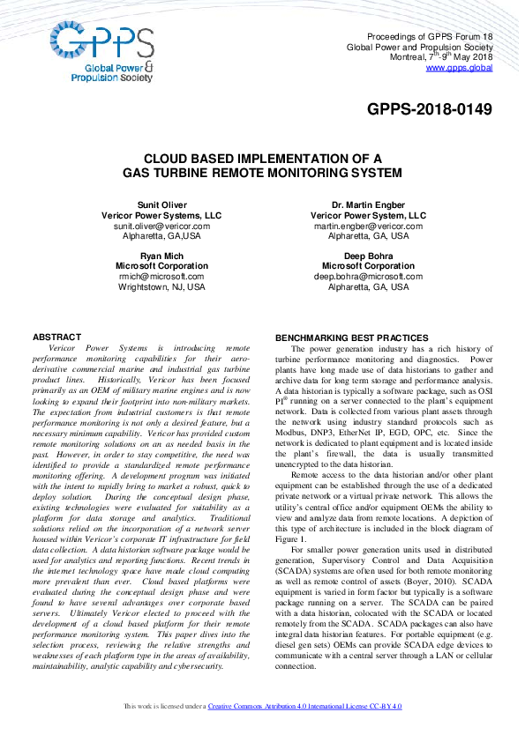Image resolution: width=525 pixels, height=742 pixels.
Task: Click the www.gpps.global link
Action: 459,67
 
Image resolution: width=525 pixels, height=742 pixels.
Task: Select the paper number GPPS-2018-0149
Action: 430,109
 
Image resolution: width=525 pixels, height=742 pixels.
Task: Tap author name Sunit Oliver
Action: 161,204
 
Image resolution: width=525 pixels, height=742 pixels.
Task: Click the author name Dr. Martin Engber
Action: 368,204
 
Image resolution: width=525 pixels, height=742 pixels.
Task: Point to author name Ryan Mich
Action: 161,256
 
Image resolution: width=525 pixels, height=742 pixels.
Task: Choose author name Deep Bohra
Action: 368,256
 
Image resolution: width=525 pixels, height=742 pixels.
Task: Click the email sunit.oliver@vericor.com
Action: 161,226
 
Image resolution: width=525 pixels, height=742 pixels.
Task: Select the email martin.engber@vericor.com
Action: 368,226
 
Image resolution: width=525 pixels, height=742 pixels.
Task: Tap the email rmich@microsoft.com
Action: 161,276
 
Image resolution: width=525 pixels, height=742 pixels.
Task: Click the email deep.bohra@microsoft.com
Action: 368,276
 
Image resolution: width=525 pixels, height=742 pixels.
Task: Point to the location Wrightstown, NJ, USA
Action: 161,286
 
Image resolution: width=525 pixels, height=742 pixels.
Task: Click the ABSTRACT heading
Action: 56,337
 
